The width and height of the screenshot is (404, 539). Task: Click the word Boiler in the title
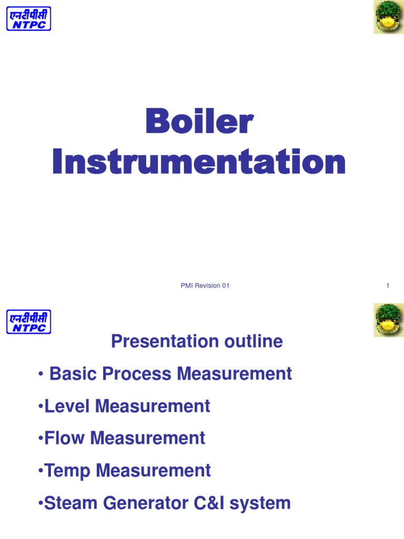[x=199, y=122]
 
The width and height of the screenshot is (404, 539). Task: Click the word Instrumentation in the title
[x=199, y=162]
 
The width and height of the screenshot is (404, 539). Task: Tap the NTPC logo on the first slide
[x=28, y=18]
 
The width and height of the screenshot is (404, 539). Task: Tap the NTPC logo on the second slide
[x=28, y=321]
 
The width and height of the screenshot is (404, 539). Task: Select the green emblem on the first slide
[x=388, y=17]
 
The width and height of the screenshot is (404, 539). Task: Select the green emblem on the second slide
[x=388, y=320]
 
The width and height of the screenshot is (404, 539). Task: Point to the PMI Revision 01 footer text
[x=205, y=286]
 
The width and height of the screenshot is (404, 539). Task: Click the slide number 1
[x=388, y=286]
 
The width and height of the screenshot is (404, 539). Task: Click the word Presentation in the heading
[x=158, y=342]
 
